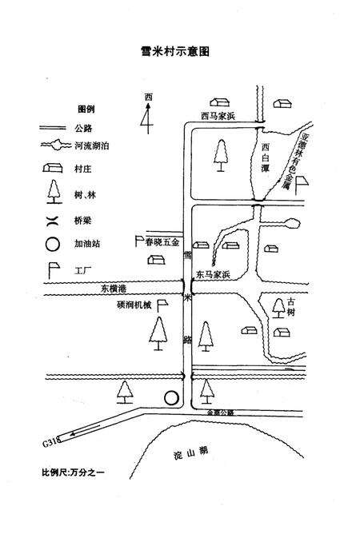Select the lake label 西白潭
(266, 159)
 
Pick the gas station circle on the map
(170, 397)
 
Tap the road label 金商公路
(219, 412)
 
